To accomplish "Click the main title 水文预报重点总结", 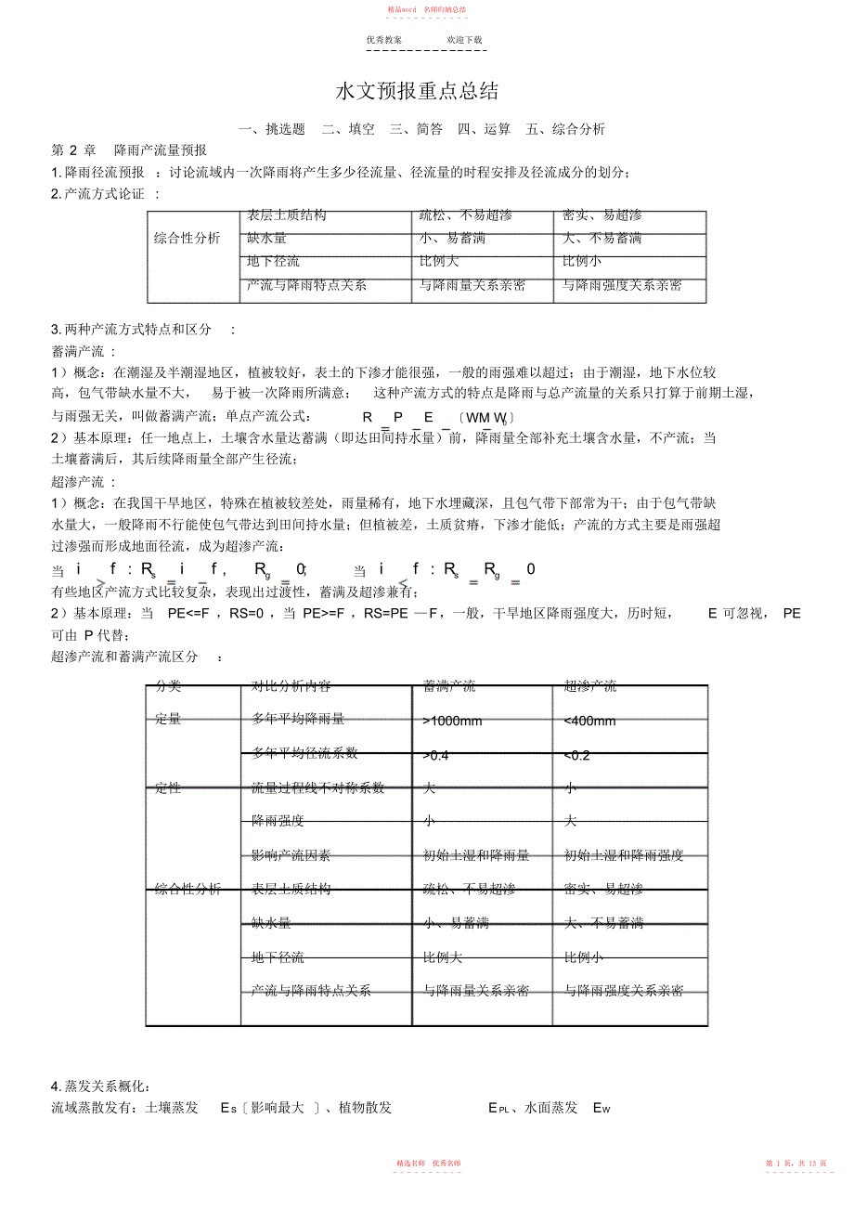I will (x=417, y=91).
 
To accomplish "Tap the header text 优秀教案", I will (x=384, y=41).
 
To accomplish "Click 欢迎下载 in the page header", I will (x=464, y=41).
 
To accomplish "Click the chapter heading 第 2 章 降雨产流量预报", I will (x=129, y=150).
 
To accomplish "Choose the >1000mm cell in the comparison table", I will (x=453, y=721).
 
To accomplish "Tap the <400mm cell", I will (x=589, y=721).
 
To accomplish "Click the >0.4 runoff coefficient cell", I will (x=436, y=755).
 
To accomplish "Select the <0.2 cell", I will (x=576, y=755).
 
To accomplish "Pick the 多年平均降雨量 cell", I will (x=298, y=719).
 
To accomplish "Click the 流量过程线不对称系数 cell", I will (x=317, y=788).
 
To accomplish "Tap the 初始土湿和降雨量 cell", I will (x=476, y=855).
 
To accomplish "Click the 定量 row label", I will (x=168, y=719).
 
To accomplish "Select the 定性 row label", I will (x=168, y=788).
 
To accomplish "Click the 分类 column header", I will (x=168, y=686).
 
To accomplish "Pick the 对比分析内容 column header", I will (x=291, y=686).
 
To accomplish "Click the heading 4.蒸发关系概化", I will (x=101, y=1086).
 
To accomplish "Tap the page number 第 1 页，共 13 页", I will (x=796, y=1163).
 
